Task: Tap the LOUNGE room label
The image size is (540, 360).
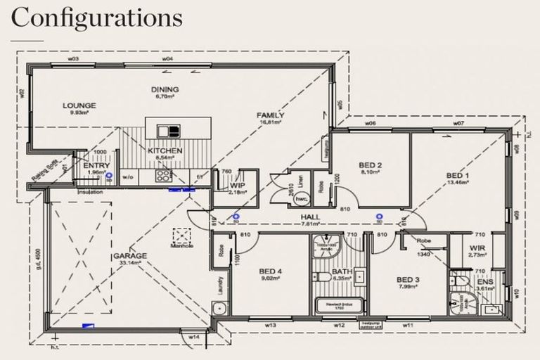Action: pos(78,105)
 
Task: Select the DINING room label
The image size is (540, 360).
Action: pos(165,89)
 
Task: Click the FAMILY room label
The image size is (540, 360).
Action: pos(270,115)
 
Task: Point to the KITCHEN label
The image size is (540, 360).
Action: pos(165,150)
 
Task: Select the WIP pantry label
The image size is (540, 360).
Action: pos(238,185)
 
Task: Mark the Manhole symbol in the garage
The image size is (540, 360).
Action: pos(181,235)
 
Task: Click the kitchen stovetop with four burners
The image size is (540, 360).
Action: pos(165,176)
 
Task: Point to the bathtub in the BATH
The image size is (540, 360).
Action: pos(337,305)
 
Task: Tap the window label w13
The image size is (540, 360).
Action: pos(270,326)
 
